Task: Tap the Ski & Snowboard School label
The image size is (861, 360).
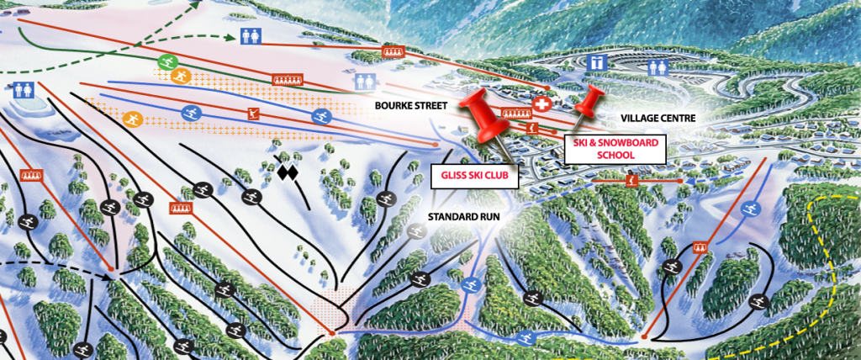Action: [610, 149]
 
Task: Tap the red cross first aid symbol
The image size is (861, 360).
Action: [543, 105]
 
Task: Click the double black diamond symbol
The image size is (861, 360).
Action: [288, 173]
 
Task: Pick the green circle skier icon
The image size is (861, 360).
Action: [166, 62]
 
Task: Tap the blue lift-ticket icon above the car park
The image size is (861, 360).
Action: [596, 62]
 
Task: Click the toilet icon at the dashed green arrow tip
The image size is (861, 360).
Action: [250, 36]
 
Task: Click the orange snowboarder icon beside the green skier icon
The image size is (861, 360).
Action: [180, 76]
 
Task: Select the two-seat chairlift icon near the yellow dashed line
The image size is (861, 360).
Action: [699, 247]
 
